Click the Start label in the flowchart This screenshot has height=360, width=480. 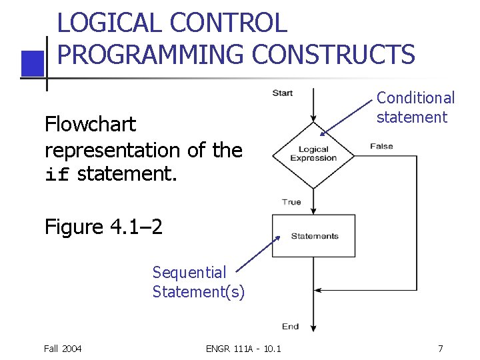pos(282,93)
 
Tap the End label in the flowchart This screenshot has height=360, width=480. pos(290,326)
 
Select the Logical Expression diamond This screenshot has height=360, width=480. pos(313,155)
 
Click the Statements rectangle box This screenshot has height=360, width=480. pos(313,235)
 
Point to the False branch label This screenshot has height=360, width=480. pos(381,146)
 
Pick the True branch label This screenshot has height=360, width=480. pos(291,201)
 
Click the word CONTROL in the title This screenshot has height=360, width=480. pos(229,23)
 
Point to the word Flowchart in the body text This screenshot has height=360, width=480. pos(90,124)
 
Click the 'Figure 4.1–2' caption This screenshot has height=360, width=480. pos(103,227)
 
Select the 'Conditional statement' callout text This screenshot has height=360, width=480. pos(415,107)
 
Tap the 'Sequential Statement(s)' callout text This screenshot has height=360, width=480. pos(198,282)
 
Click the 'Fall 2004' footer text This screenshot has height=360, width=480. pos(63,348)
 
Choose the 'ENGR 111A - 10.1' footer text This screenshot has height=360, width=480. pos(243,348)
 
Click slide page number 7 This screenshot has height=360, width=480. pos(440,348)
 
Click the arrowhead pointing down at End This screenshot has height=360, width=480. pos(313,327)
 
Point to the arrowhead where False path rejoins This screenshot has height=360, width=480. pos(319,290)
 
